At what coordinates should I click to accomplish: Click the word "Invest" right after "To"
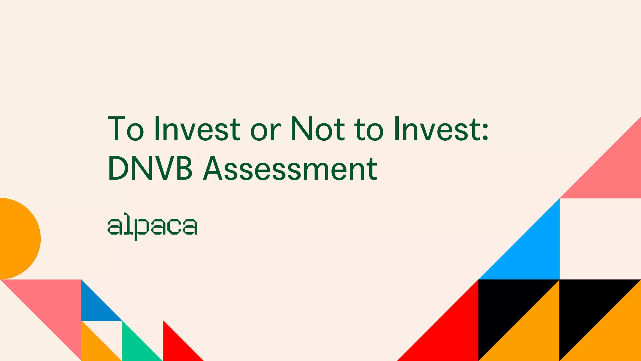click(x=197, y=129)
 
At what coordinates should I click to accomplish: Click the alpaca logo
click(x=152, y=226)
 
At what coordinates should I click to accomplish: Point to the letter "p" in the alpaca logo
click(x=139, y=228)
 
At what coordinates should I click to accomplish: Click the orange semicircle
click(x=17, y=238)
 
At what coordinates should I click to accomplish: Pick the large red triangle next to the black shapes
click(x=451, y=335)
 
